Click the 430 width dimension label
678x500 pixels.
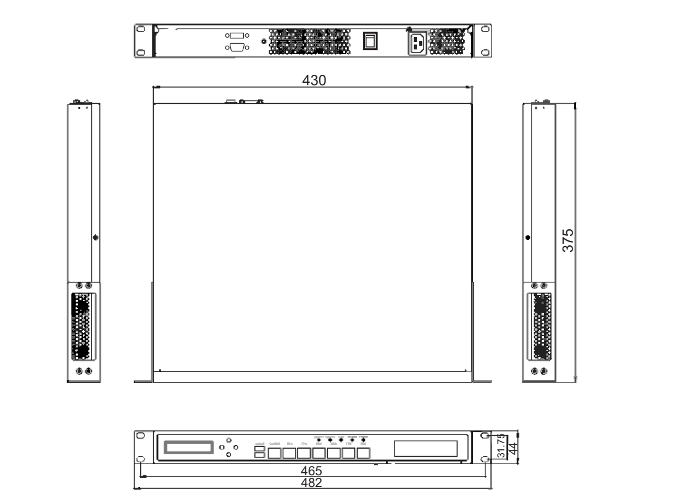point(314,81)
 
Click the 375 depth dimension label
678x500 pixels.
point(571,239)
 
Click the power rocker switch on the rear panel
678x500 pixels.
point(369,41)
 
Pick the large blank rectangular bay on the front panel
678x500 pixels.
point(425,448)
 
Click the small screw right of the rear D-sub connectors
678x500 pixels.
point(264,42)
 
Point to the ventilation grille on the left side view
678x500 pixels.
point(80,326)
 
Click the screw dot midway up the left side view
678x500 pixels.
point(94,237)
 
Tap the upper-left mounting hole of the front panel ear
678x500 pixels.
point(140,435)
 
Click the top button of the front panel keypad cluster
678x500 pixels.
point(229,440)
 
